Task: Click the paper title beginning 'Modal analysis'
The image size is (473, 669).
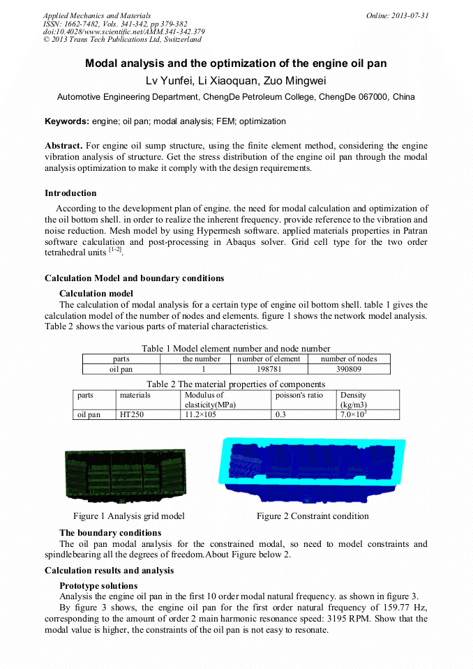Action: [236, 63]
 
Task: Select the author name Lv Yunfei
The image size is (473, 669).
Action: [169, 81]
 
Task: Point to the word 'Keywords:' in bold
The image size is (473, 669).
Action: [67, 121]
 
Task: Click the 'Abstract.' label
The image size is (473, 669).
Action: [63, 146]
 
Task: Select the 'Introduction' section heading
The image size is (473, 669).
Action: [70, 193]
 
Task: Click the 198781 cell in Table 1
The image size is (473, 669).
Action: [269, 369]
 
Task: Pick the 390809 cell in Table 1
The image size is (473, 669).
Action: [348, 369]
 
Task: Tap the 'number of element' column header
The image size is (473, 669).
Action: [269, 359]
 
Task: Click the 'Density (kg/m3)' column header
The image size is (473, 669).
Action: [354, 400]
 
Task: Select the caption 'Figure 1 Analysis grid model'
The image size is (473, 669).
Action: [129, 516]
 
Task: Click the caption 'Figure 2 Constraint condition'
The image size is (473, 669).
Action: [312, 516]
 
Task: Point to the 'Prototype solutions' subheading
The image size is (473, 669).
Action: [98, 585]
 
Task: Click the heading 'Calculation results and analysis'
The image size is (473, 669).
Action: [109, 571]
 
